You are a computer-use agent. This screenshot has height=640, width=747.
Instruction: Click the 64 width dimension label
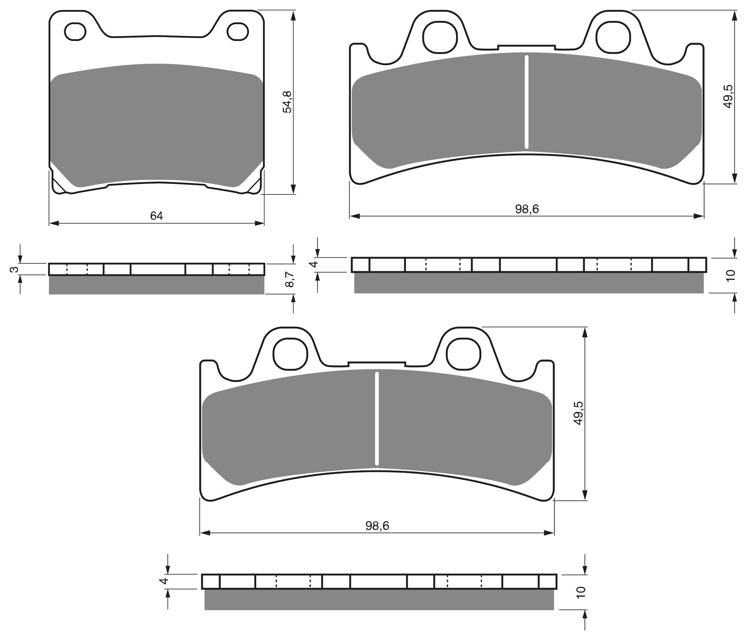pos(157,216)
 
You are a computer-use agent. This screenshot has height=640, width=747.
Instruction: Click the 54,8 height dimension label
pos(288,102)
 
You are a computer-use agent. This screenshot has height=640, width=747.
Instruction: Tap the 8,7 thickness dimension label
pos(290,279)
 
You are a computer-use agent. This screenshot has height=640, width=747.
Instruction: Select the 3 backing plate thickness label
pos(15,269)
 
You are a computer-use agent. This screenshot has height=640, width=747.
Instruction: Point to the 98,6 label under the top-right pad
pos(527,209)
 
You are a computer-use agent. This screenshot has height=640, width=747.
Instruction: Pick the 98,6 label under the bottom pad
pos(377,526)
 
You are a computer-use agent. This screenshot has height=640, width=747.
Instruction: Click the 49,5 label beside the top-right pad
pos(728,96)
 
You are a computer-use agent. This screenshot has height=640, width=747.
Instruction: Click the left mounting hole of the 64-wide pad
pos(75,32)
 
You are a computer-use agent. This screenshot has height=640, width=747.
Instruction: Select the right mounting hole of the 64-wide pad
pos(238,32)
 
